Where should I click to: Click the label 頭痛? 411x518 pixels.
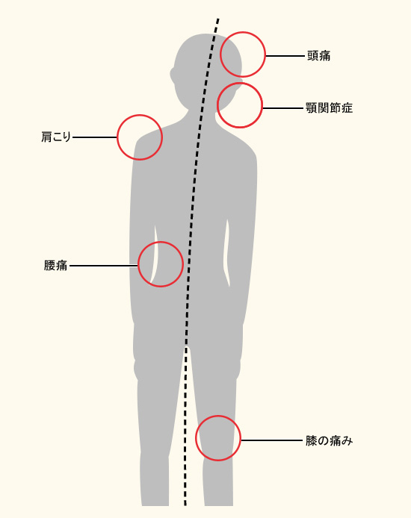(318, 56)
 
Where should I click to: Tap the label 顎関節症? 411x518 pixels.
(330, 108)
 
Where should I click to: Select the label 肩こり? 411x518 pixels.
(56, 137)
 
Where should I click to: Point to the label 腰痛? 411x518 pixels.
(55, 265)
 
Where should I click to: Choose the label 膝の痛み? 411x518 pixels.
(329, 440)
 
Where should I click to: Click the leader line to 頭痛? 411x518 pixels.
(285, 56)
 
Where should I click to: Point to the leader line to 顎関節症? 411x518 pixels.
(283, 108)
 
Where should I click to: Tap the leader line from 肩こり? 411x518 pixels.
(95, 137)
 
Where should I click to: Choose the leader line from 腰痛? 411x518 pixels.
(103, 265)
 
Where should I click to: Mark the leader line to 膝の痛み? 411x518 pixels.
(271, 440)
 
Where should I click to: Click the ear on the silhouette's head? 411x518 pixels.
(173, 75)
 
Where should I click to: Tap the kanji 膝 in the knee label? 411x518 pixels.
(312, 440)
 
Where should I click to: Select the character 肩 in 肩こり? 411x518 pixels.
(46, 137)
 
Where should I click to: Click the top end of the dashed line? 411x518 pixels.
(218, 19)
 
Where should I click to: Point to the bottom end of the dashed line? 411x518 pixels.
(185, 505)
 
